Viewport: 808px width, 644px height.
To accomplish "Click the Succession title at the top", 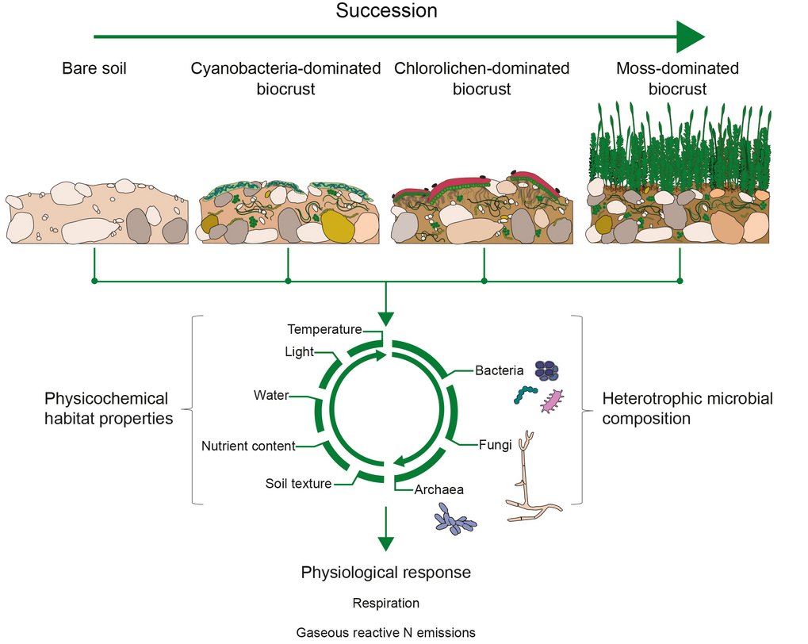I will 385,12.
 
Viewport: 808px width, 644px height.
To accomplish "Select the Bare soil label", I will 94,69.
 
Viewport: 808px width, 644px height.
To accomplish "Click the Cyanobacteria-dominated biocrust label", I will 285,79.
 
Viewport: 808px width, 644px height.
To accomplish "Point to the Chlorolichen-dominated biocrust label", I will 481,79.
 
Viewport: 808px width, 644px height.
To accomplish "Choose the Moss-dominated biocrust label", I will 677,79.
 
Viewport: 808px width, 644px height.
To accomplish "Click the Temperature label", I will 324,329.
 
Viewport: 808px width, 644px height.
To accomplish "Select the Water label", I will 271,394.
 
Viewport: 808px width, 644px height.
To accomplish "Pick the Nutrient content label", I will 248,446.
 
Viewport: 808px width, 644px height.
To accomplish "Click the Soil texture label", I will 298,483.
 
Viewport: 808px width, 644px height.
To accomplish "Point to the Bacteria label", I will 500,370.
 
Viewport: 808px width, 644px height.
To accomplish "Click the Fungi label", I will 495,445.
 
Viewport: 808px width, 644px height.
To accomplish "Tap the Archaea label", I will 438,489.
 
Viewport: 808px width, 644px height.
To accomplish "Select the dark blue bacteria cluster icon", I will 546,370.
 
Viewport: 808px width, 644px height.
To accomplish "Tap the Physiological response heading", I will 385,572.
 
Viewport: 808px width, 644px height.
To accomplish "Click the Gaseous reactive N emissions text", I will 385,633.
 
